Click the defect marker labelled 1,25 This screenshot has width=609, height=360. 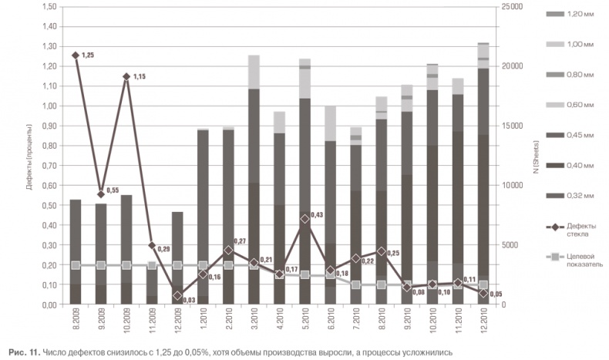tap(76, 56)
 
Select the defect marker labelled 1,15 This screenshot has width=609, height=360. tap(126, 76)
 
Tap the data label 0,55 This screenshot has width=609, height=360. tap(113, 190)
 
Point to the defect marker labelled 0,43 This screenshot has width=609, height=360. tap(304, 219)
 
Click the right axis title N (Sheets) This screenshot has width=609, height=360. tap(533, 178)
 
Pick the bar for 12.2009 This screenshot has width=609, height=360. tap(177, 257)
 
